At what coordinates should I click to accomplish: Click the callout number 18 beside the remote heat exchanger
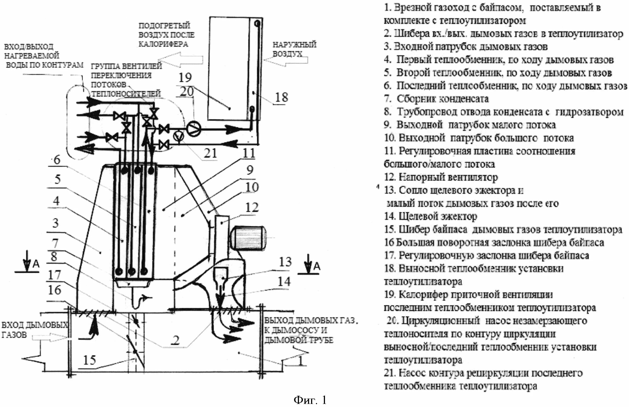tap(281, 98)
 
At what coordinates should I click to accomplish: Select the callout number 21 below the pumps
tap(210, 153)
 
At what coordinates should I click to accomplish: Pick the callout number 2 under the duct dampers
tap(175, 340)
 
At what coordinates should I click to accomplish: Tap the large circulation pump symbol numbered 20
tap(194, 129)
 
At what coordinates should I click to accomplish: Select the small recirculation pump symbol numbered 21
tap(179, 136)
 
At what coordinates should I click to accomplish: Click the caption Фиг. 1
tap(310, 400)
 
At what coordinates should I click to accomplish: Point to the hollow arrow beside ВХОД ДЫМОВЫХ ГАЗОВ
tap(50, 337)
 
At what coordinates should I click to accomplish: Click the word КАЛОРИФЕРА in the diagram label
tap(163, 44)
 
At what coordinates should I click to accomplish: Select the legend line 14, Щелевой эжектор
tap(431, 216)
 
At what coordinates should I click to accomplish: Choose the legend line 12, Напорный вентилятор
tap(441, 177)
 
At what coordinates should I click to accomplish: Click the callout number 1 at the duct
tap(301, 361)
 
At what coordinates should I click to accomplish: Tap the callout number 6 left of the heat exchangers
tap(57, 160)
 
